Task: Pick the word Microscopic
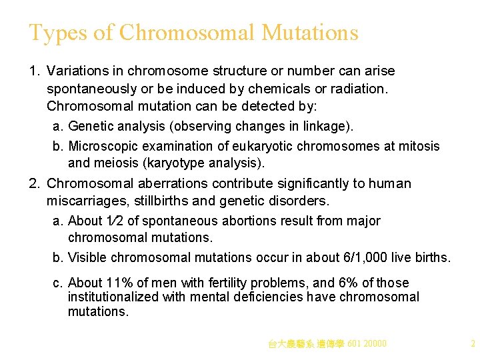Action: pyautogui.click(x=103, y=146)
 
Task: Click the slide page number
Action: pyautogui.click(x=472, y=344)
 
